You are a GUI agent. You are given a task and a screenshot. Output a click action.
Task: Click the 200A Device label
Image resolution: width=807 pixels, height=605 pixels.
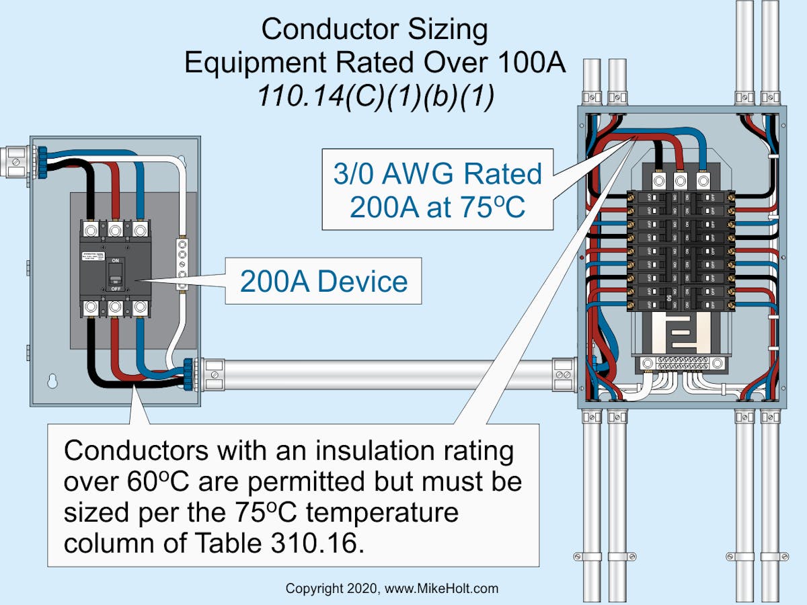(323, 281)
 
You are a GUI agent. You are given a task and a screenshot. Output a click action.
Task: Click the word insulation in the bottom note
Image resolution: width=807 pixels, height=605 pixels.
(345, 450)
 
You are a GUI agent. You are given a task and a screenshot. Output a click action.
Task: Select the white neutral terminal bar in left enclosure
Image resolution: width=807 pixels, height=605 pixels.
(180, 263)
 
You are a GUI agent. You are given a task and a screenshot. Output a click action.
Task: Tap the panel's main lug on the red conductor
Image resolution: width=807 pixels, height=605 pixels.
(680, 181)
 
